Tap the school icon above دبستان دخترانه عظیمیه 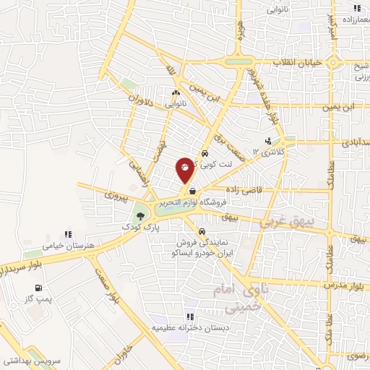pos(189,316)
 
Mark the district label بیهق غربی pos(286,223)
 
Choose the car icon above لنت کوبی pos(205,153)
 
